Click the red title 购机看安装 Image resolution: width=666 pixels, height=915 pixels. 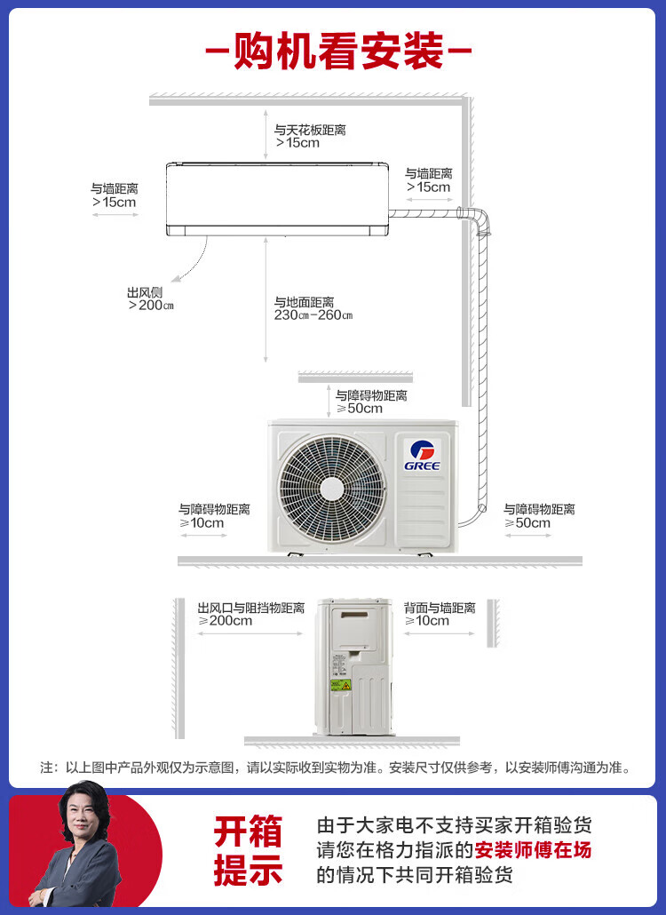338,52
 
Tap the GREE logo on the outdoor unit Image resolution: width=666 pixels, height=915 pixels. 422,455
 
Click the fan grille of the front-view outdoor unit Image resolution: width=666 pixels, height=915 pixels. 332,488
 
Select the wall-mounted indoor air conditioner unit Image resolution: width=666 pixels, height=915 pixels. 278,199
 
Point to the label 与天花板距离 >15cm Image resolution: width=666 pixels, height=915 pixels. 310,136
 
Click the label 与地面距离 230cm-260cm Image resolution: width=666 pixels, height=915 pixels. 313,308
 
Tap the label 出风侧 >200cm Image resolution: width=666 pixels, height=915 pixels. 150,298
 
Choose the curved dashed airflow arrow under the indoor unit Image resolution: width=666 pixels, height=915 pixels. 190,259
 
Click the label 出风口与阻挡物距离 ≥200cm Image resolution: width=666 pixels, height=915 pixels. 250,614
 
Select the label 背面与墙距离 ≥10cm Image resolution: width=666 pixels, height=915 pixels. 440,614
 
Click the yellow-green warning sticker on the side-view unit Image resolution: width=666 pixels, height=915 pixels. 341,685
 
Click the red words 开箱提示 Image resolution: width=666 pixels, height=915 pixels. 248,850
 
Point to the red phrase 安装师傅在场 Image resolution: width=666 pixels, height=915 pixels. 533,850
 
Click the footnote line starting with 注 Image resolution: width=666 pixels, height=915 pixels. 336,768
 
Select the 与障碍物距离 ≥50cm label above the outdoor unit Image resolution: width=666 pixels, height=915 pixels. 371,402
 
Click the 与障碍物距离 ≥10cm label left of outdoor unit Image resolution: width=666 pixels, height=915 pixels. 214,516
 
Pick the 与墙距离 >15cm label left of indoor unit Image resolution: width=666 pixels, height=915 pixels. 115,195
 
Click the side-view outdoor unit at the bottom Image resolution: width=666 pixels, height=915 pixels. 354,666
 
